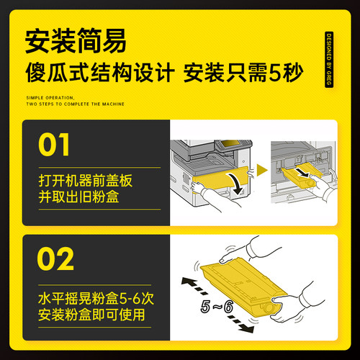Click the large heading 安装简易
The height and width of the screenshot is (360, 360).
click(x=76, y=41)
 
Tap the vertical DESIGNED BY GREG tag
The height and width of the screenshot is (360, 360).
click(x=329, y=60)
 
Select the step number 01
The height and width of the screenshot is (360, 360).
click(x=54, y=145)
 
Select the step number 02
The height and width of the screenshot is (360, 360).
click(x=55, y=258)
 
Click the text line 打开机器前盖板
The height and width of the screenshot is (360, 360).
click(x=86, y=181)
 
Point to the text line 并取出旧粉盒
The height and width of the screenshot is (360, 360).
click(x=78, y=197)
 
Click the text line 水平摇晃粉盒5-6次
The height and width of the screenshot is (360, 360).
click(x=96, y=299)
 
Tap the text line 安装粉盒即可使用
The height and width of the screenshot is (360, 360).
click(x=91, y=315)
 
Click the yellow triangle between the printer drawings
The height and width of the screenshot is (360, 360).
click(x=262, y=170)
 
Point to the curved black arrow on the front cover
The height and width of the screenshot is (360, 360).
click(x=237, y=184)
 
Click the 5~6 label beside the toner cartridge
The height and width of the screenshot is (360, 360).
click(x=217, y=307)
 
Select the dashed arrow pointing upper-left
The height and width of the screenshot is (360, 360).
click(x=195, y=286)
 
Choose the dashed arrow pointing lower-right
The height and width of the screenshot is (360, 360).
click(x=240, y=324)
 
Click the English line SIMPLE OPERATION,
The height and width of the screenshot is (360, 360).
click(x=50, y=98)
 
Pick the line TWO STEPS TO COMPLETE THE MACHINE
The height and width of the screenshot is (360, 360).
click(x=76, y=104)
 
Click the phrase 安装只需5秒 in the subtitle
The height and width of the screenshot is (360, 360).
click(x=243, y=72)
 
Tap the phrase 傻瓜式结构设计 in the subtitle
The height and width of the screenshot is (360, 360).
click(x=100, y=72)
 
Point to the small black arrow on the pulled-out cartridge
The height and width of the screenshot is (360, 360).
click(x=302, y=172)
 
